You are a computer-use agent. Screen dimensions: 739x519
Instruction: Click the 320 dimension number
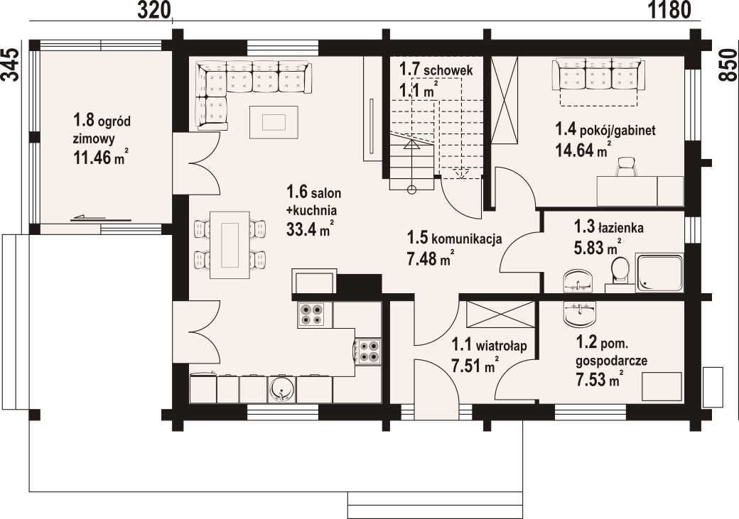click(x=153, y=10)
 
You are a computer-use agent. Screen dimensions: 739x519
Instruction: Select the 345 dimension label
click(x=11, y=65)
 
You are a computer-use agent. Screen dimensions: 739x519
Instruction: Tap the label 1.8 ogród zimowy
click(x=102, y=129)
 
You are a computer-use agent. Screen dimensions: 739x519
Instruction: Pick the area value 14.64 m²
click(x=583, y=150)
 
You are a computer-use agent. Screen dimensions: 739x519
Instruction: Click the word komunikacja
click(x=467, y=239)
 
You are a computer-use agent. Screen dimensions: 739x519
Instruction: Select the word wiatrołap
click(x=501, y=346)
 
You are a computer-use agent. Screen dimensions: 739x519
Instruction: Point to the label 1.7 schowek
click(x=436, y=70)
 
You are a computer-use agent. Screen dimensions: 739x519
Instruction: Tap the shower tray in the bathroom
click(x=659, y=273)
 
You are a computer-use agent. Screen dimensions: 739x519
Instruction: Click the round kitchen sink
click(x=282, y=390)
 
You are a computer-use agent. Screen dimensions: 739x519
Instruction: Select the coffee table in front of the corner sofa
click(x=274, y=122)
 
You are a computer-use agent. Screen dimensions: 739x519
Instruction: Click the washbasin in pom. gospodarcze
click(x=580, y=313)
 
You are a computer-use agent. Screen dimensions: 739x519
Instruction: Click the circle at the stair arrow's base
click(x=412, y=190)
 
